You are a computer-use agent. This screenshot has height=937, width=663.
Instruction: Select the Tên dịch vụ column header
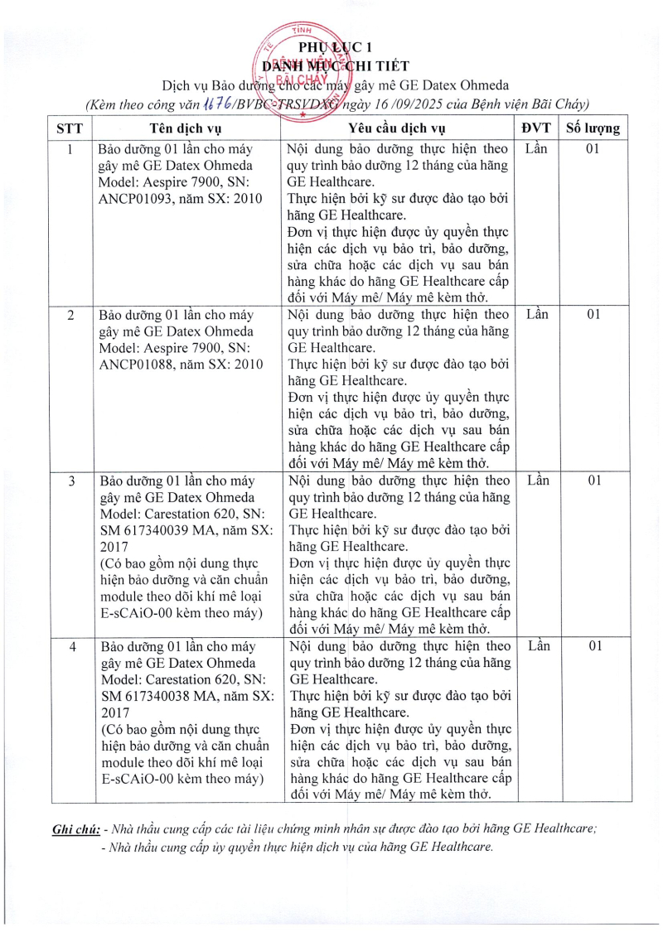tap(186, 128)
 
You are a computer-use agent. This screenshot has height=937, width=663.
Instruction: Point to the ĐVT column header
tap(536, 128)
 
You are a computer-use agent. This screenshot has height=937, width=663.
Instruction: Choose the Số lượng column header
tap(592, 128)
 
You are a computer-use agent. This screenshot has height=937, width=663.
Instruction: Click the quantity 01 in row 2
tap(593, 316)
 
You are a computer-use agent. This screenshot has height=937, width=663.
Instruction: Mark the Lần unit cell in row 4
tap(537, 646)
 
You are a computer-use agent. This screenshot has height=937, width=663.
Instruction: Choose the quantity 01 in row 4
tap(593, 646)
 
